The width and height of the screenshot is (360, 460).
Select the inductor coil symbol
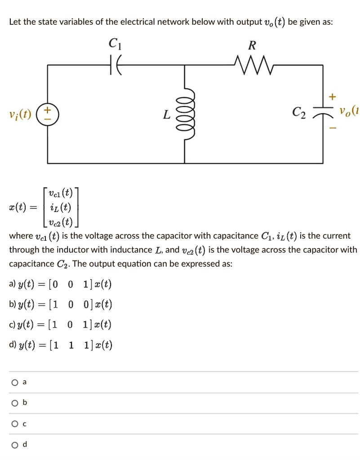click(188, 115)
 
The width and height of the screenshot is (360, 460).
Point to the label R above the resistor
click(253, 45)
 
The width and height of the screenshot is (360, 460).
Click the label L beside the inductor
click(167, 115)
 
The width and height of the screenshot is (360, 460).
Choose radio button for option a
click(15, 382)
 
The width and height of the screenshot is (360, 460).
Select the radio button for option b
click(15, 403)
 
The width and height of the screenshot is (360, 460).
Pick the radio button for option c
click(15, 424)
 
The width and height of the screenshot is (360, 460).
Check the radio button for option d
click(15, 444)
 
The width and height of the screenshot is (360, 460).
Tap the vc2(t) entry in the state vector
click(60, 222)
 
